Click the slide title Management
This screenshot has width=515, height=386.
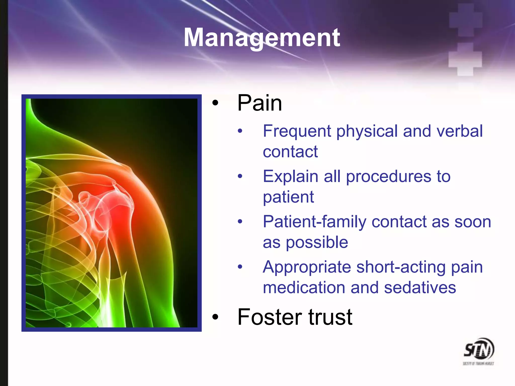point(262,38)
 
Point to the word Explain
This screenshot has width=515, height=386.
point(290,176)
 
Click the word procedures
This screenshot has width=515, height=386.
point(389,177)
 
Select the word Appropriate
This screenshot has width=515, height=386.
point(307,267)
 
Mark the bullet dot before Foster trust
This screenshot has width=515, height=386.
point(215,317)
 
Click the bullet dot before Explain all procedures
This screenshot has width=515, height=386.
point(240,176)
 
